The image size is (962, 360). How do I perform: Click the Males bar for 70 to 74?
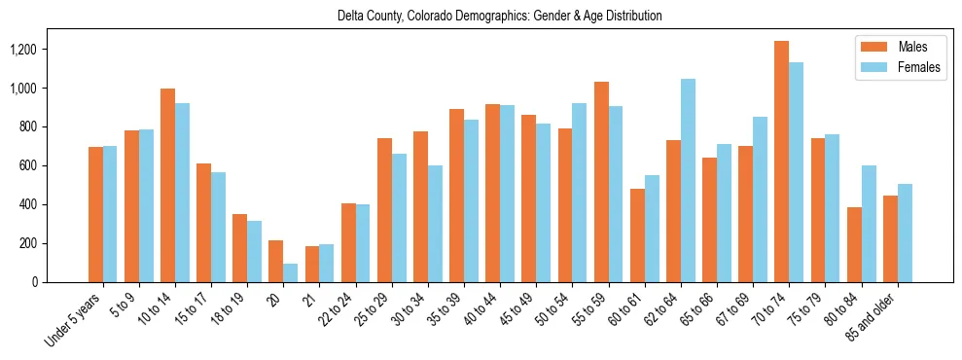pyautogui.click(x=782, y=162)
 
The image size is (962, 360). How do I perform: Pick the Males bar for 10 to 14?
pyautogui.click(x=168, y=185)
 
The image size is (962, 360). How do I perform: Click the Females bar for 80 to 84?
pyautogui.click(x=869, y=224)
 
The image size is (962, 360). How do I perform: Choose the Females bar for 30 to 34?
pyautogui.click(x=435, y=224)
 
